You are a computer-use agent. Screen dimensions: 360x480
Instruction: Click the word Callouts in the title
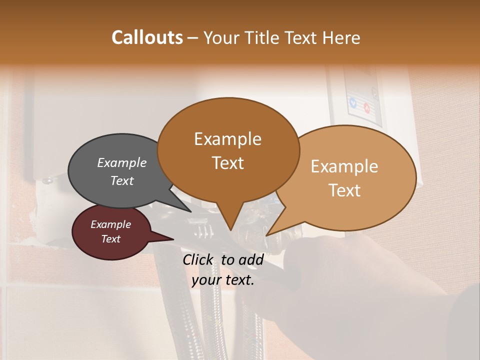click(147, 37)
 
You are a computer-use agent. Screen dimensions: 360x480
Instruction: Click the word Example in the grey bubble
click(121, 162)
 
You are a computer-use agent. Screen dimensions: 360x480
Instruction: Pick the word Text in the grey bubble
click(121, 180)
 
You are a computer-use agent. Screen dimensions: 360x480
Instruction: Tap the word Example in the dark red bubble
click(110, 224)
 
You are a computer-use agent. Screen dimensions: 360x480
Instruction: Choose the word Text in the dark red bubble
click(110, 239)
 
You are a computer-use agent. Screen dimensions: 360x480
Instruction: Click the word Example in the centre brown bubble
click(227, 139)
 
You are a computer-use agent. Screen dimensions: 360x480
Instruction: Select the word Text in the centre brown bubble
click(227, 163)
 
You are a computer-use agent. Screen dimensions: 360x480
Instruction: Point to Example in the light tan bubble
click(344, 166)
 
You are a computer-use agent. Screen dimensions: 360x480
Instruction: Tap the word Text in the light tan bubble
click(344, 190)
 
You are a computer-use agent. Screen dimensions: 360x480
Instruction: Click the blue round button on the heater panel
click(353, 103)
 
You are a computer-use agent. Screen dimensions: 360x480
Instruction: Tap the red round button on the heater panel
click(366, 107)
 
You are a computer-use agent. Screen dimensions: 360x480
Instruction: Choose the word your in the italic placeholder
click(206, 280)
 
